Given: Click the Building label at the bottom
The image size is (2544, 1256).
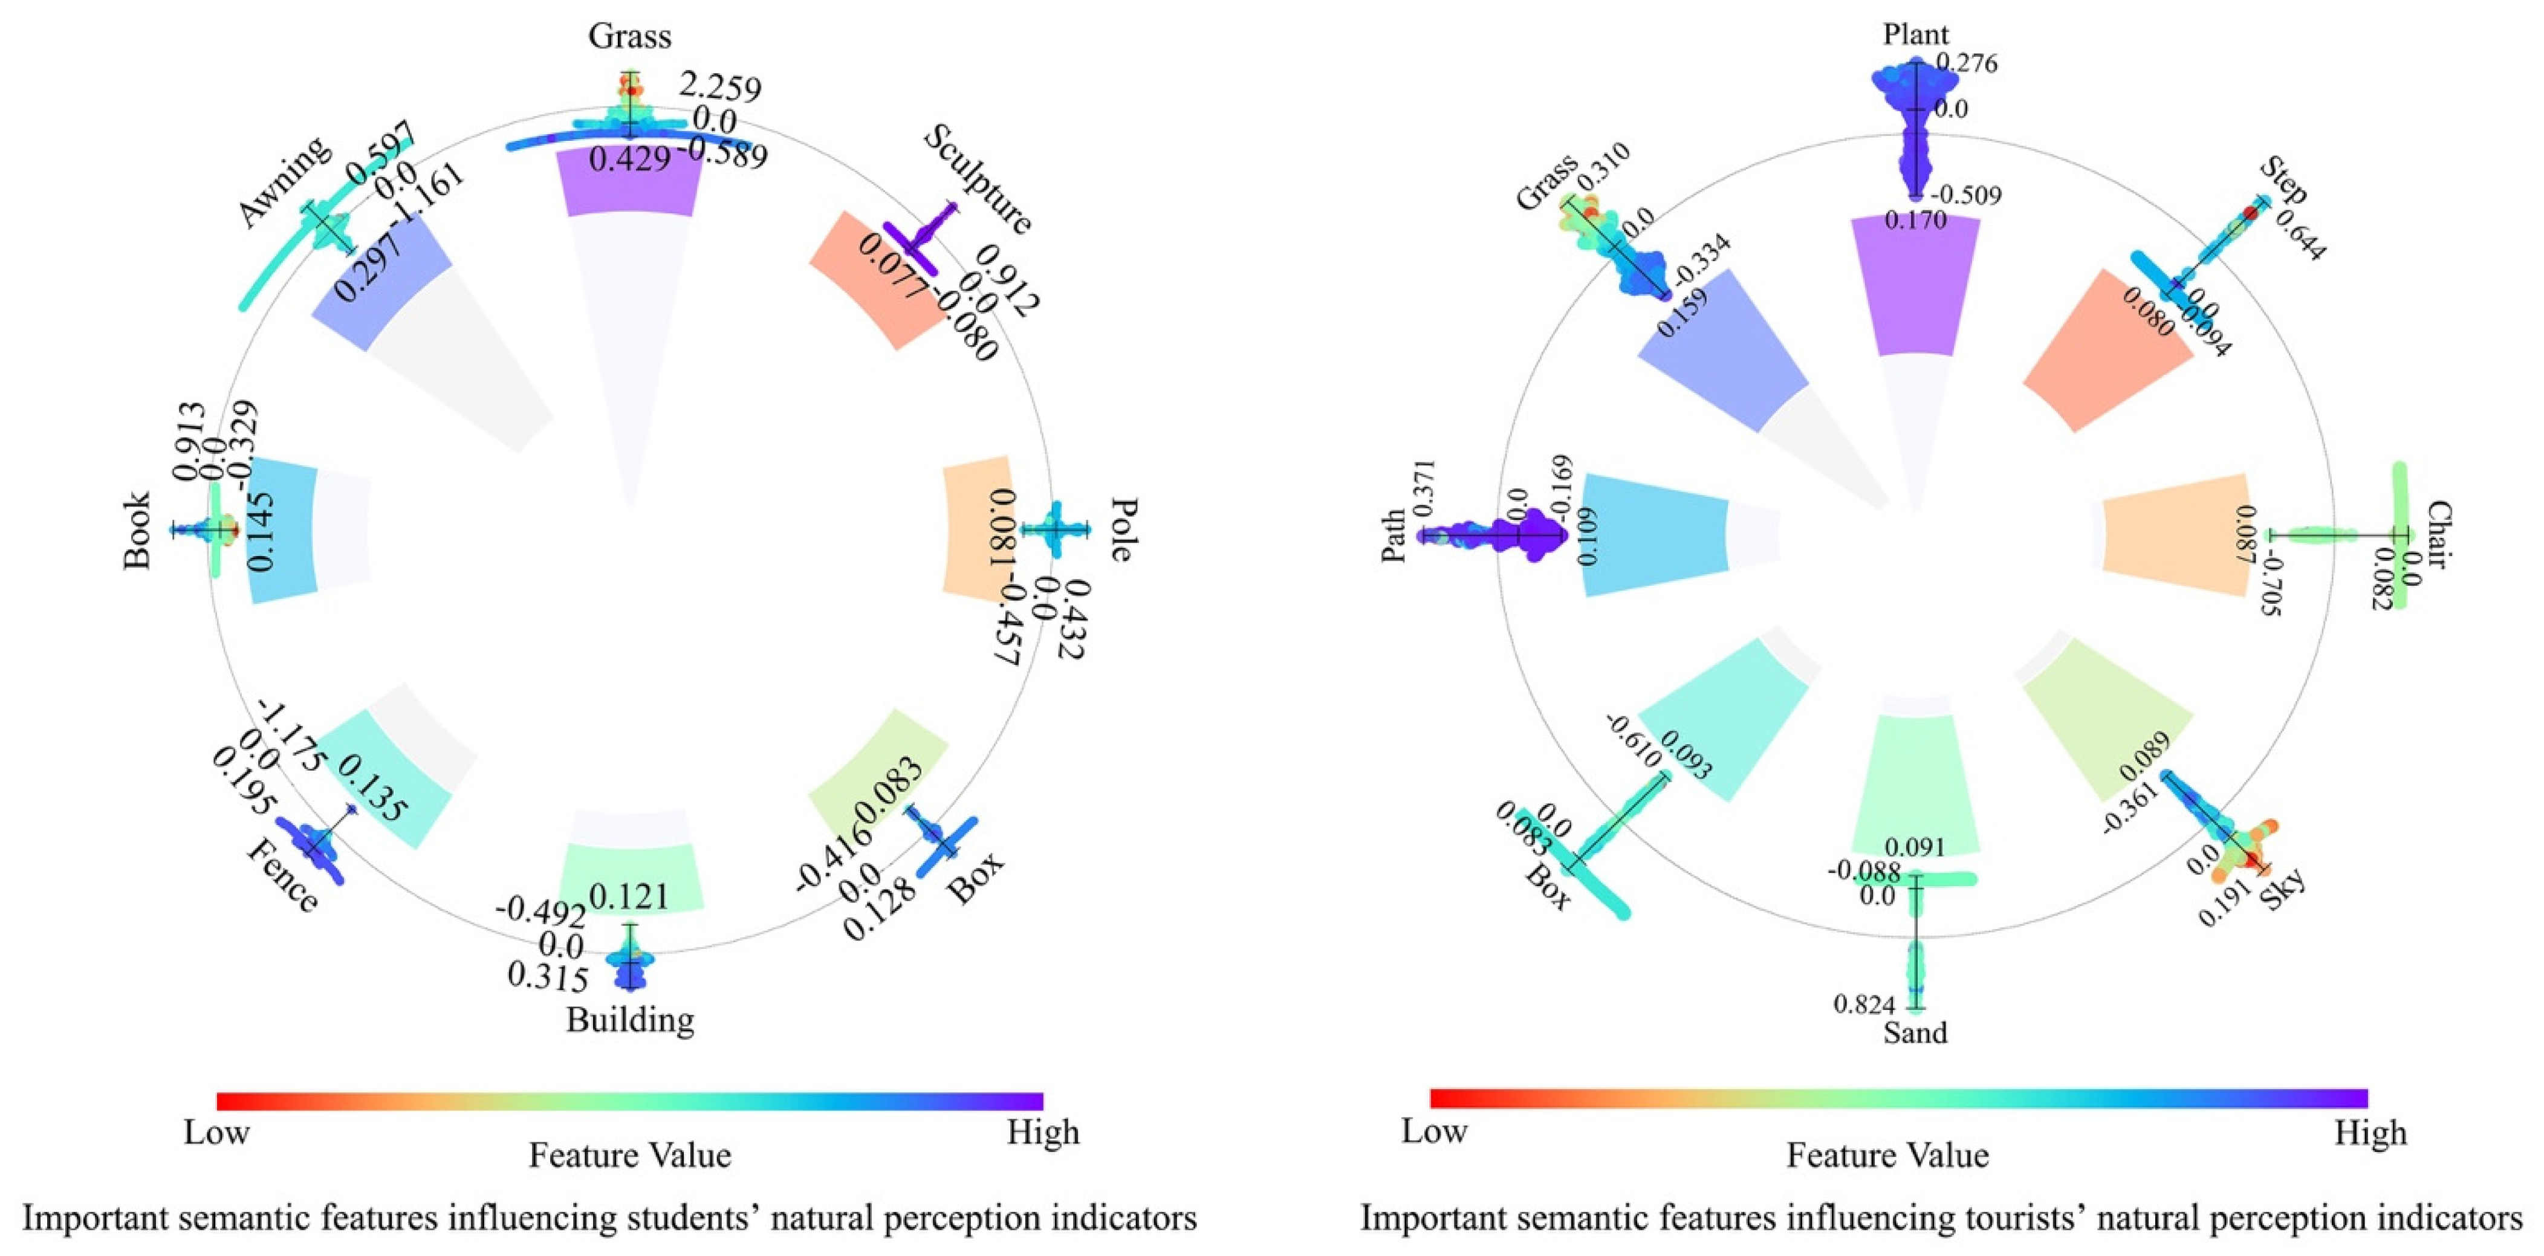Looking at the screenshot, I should [630, 1019].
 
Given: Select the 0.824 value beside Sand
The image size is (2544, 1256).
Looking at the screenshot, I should [1864, 1005].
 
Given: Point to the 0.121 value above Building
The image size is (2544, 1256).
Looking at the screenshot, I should [630, 896].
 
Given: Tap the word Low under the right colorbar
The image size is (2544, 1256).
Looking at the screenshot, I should [1434, 1131].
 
